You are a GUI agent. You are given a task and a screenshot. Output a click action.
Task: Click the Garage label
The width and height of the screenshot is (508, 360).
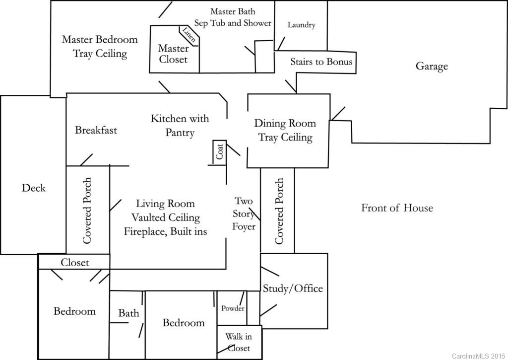point(432,67)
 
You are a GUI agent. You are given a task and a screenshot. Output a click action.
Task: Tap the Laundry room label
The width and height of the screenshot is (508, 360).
point(301,25)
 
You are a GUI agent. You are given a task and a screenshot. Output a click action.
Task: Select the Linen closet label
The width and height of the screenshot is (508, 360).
point(189,35)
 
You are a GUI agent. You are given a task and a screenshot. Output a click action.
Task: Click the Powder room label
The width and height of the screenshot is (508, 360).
point(233,308)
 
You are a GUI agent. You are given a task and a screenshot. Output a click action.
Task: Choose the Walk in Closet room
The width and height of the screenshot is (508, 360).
point(238,342)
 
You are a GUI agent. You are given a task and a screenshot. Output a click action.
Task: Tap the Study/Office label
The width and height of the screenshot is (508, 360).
point(293,288)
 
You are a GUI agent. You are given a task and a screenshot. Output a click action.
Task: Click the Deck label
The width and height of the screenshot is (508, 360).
point(34,188)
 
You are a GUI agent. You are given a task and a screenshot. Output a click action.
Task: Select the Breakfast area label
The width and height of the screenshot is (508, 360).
point(96,130)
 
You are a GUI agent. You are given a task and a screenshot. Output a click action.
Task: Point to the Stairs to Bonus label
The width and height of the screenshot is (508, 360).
point(321,62)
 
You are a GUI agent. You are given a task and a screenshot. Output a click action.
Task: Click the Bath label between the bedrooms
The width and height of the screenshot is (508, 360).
point(128,313)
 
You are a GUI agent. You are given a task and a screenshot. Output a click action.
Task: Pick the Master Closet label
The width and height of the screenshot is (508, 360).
point(173,54)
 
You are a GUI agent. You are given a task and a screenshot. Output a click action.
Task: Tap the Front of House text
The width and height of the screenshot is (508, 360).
point(397,208)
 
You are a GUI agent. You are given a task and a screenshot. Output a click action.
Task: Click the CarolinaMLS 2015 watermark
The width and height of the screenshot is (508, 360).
point(478,356)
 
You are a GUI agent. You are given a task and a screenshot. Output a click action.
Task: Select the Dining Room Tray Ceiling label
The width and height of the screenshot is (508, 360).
point(285,130)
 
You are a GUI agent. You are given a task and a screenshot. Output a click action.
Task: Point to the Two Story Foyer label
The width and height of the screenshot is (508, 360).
point(244,214)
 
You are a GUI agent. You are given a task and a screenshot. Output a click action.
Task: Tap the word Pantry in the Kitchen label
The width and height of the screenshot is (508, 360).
point(180,133)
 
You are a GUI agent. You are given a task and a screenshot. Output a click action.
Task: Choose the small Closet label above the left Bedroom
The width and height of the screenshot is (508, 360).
point(74,262)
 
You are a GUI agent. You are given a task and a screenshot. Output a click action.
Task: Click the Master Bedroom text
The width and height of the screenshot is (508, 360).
point(99,40)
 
